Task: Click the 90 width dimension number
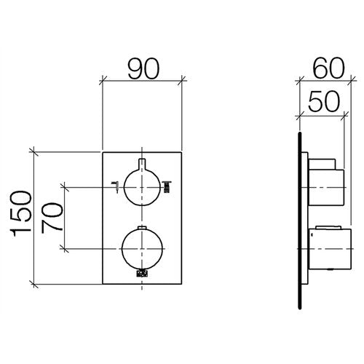point(143,69)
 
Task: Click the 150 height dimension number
point(21,214)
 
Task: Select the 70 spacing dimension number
point(52,218)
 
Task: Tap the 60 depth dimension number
point(329,68)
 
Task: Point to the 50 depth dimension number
point(323,102)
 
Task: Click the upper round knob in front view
point(142,187)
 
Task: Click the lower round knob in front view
point(142,249)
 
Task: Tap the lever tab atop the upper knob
point(142,164)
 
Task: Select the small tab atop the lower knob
point(142,227)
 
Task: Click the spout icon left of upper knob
point(115,187)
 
